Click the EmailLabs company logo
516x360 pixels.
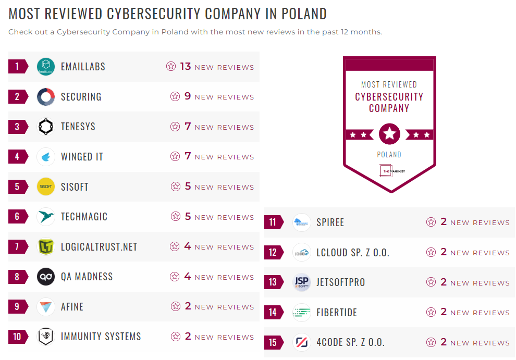point(46,67)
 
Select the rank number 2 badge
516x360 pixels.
point(17,97)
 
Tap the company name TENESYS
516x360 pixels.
point(78,127)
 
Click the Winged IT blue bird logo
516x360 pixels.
point(46,157)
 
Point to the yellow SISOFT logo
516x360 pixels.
point(46,187)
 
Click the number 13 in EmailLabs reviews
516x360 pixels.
point(186,67)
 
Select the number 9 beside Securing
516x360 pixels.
point(188,97)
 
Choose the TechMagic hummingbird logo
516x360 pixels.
point(46,217)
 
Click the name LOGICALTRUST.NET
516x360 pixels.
point(99,247)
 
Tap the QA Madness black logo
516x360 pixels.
point(46,277)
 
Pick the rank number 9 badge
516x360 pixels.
point(17,307)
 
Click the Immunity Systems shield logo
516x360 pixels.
point(46,337)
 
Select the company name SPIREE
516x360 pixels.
point(330,222)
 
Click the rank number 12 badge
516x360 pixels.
point(273,253)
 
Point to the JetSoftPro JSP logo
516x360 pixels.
point(302,282)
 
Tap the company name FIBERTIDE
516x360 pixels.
point(337,313)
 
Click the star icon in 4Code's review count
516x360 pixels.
point(431,342)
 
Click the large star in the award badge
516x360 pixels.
point(389,134)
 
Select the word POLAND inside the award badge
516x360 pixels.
point(389,155)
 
